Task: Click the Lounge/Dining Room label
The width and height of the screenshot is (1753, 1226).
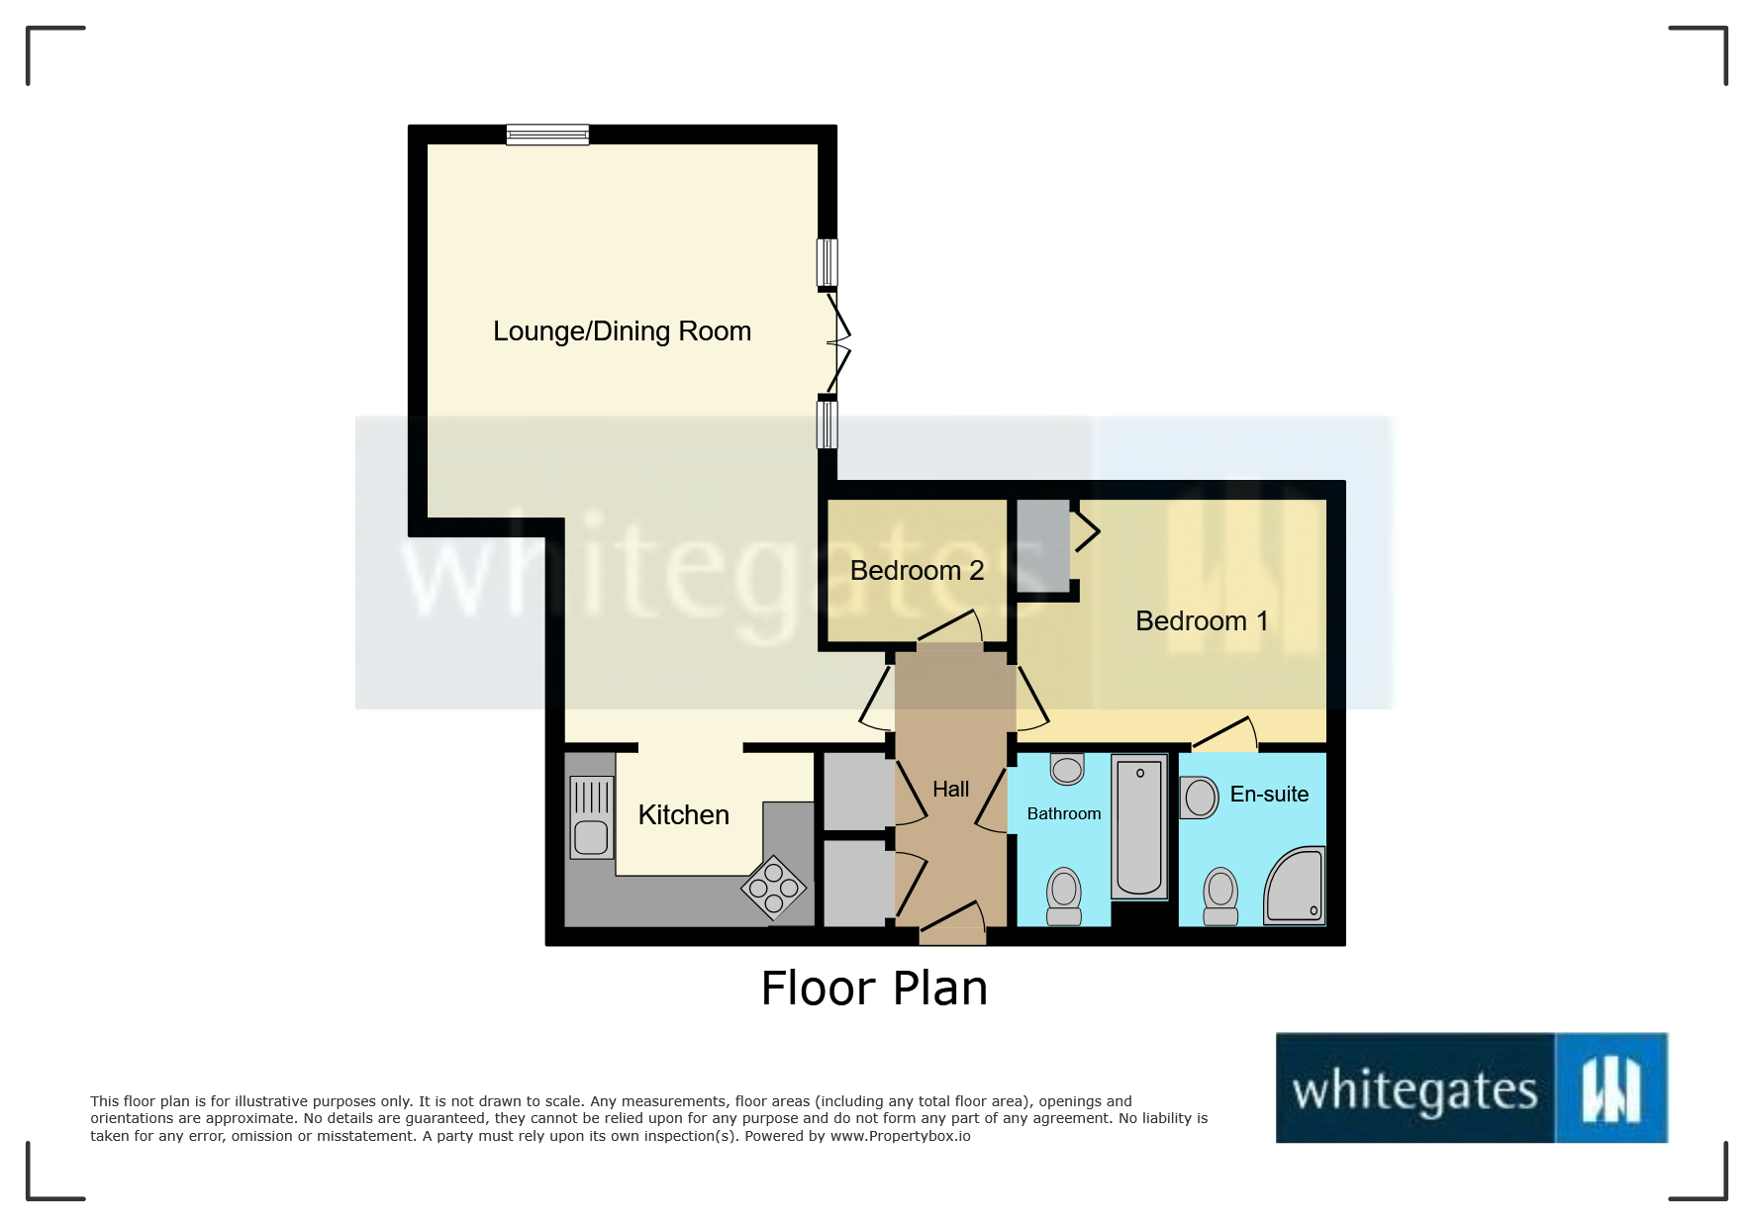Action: [x=622, y=330]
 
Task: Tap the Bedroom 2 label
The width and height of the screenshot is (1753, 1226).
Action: [x=917, y=571]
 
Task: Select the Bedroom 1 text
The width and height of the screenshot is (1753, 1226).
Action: [x=1201, y=621]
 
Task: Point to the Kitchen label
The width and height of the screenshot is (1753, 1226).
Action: [x=683, y=815]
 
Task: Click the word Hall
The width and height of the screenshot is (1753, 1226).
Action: [x=950, y=790]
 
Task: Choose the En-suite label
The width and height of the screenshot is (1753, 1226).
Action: [x=1269, y=795]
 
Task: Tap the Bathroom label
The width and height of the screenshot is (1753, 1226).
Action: [x=1063, y=813]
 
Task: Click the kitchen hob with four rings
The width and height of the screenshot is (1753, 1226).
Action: [x=774, y=888]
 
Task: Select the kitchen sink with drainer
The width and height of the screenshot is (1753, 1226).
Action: [x=591, y=817]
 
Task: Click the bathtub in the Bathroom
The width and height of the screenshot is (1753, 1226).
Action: [x=1139, y=827]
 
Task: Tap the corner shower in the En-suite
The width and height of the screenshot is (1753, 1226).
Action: [x=1298, y=888]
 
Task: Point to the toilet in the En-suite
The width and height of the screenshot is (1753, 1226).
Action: [x=1220, y=896]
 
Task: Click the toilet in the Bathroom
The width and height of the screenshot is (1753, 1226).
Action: [x=1064, y=896]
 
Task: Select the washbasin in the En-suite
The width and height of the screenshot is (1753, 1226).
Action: [x=1199, y=798]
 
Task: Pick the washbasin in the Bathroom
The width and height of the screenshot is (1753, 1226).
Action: [x=1067, y=768]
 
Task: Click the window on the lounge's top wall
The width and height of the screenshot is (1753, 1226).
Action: [x=547, y=135]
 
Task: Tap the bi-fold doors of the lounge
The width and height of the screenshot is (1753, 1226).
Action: [x=837, y=343]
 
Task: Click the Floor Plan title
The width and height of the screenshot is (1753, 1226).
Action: [x=874, y=989]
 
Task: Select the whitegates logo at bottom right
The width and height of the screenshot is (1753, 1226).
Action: [x=1471, y=1087]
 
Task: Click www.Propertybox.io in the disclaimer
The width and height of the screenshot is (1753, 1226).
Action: [x=900, y=1136]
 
